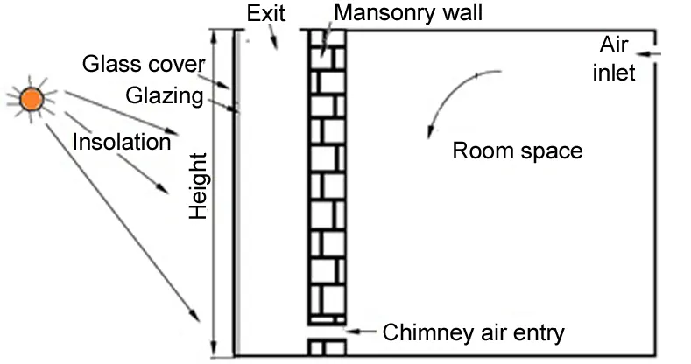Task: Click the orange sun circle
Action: pyautogui.click(x=32, y=99)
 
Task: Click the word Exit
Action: pyautogui.click(x=267, y=13)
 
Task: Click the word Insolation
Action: pyautogui.click(x=121, y=141)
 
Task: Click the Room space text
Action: pyautogui.click(x=517, y=150)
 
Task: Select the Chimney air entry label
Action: pyautogui.click(x=474, y=332)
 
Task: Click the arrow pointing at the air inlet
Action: pyautogui.click(x=652, y=57)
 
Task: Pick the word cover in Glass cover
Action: pyautogui.click(x=181, y=64)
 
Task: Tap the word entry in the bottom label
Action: pyautogui.click(x=540, y=333)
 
